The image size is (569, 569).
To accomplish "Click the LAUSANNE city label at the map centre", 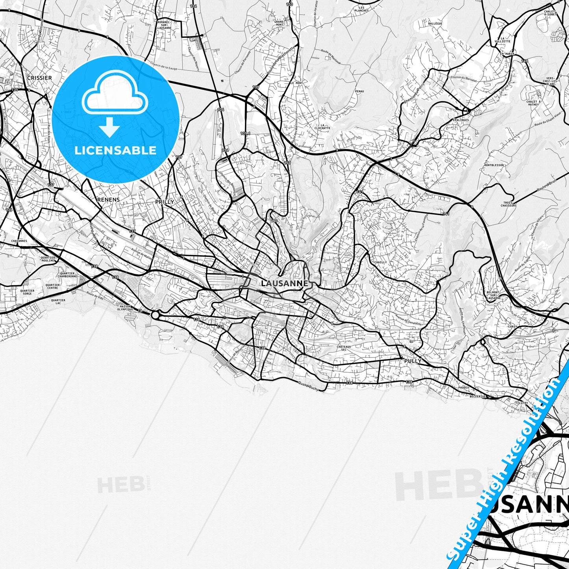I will tap(285, 283).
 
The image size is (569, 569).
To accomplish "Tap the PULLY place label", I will tap(413, 361).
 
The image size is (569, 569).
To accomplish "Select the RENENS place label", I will tap(108, 200).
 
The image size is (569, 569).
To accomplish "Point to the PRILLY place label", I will tap(165, 202).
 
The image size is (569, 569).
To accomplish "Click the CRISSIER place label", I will tap(39, 78).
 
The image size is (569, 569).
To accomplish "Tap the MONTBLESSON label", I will tap(494, 165).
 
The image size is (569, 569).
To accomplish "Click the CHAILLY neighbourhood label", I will tap(380, 262).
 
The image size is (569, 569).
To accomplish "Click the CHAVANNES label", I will tap(19, 241).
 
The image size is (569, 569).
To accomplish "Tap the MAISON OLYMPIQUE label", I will tap(125, 308).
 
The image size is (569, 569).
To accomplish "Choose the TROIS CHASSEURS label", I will tap(508, 204).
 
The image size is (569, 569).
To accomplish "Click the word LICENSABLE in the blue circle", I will tap(116, 150).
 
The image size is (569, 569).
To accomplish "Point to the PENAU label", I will tap(359, 91).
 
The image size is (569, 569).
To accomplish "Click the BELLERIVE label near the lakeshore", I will tap(478, 397).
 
